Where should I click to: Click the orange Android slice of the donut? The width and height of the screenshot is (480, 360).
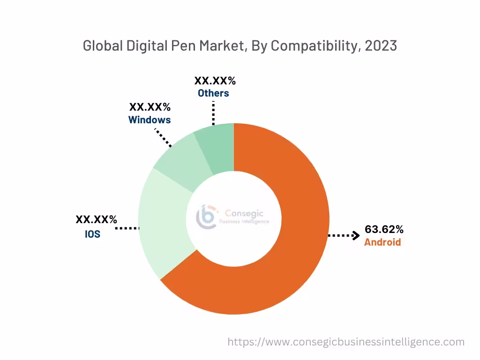[291, 262]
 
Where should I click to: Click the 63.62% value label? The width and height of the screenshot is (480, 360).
[384, 230]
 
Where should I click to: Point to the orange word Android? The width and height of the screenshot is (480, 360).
[382, 242]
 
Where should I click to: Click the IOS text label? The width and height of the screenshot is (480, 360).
[92, 233]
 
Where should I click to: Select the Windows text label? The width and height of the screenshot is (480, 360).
[150, 120]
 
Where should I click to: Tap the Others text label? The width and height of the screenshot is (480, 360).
[213, 93]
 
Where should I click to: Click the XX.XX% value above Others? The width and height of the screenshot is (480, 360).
[215, 81]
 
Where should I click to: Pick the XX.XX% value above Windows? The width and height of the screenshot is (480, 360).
[150, 107]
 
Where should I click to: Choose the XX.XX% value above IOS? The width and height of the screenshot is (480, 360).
[96, 219]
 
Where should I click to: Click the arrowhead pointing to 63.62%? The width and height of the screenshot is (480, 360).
[356, 235]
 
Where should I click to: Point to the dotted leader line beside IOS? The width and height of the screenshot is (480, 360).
[127, 228]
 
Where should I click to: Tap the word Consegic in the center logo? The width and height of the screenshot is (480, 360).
[241, 212]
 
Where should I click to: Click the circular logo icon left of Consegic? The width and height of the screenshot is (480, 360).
[207, 216]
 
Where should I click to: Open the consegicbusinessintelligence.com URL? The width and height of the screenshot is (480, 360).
[346, 342]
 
